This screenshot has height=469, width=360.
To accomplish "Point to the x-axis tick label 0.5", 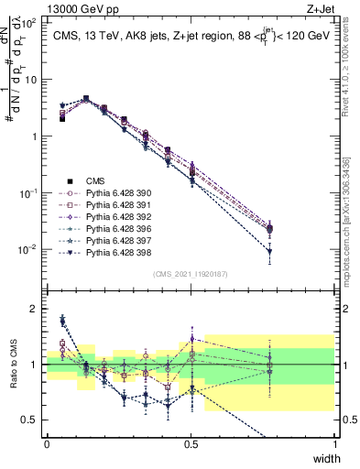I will pos(191,443).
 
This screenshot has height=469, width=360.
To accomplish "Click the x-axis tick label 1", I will pos(334,443).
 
